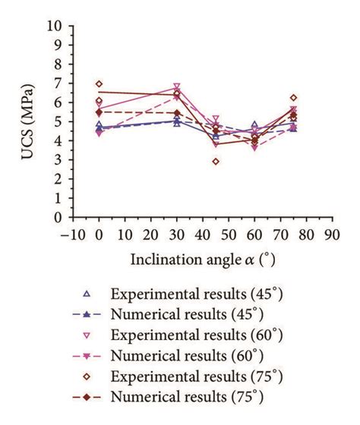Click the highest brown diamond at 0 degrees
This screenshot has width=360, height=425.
(99, 83)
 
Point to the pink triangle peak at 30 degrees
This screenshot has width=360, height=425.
(177, 87)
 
